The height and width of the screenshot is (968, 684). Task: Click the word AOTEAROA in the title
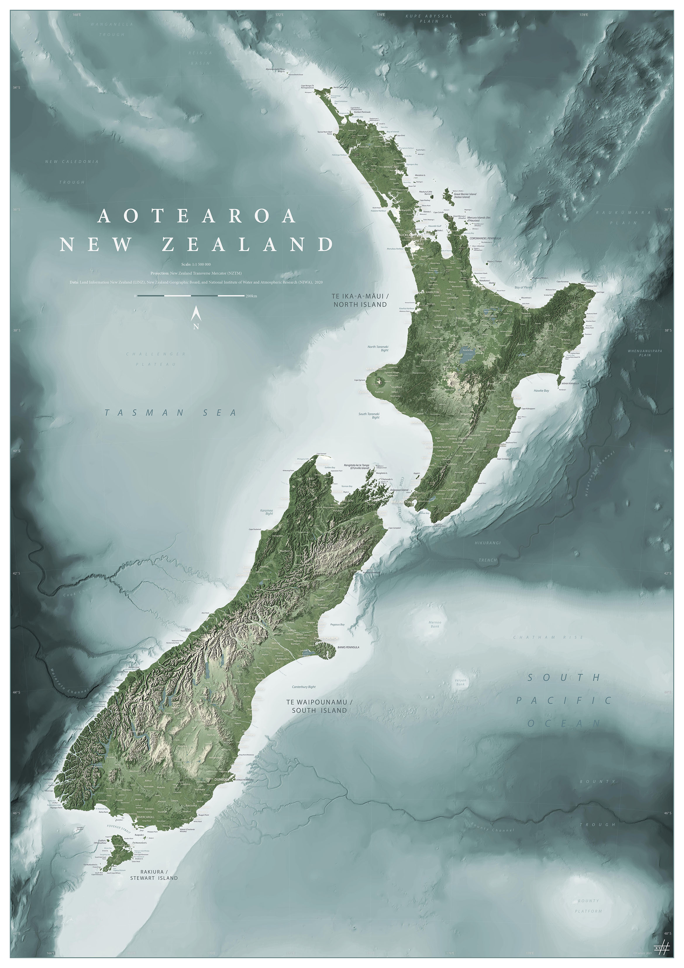point(197,216)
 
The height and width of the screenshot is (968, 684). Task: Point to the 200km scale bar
point(191,296)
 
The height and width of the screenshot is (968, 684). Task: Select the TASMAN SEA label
point(170,413)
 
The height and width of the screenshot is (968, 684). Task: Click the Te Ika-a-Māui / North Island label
point(360,301)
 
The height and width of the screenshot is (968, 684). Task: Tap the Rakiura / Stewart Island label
point(154,875)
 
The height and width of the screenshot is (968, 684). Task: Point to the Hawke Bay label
point(541,391)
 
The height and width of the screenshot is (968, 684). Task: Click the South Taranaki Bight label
point(369,416)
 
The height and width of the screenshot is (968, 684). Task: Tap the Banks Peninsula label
point(348,647)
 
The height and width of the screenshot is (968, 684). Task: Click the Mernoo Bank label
point(435,624)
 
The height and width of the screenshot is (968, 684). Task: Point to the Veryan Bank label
point(460,682)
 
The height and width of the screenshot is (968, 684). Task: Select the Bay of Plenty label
point(523,287)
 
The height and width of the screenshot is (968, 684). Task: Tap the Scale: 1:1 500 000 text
point(196,264)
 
